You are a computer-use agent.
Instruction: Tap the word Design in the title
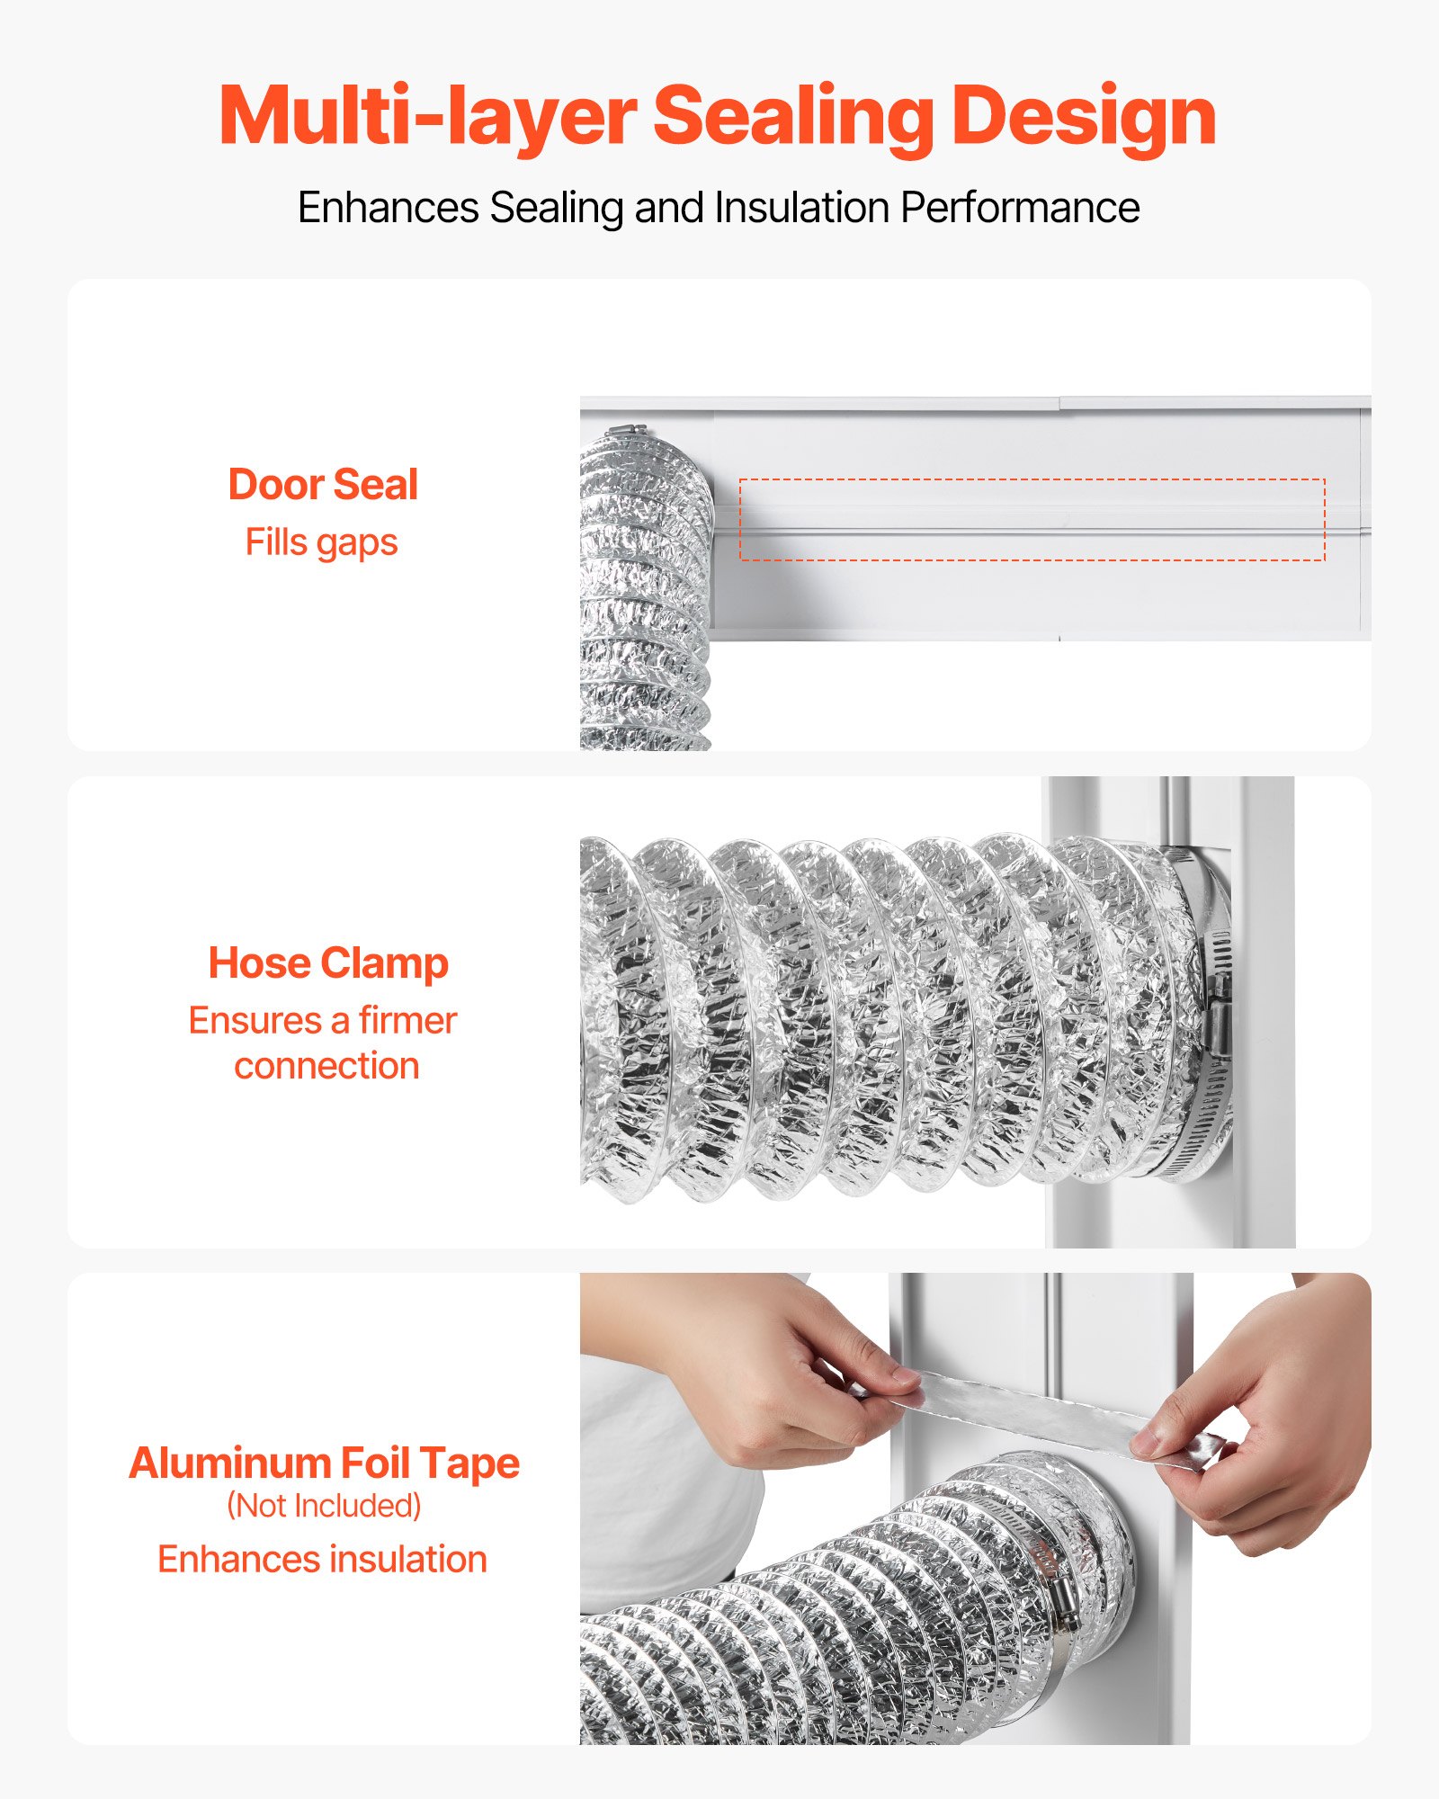1083,117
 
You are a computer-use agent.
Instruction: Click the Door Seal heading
323,485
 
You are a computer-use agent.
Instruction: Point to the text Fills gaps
321,542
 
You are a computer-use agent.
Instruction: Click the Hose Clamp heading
328,963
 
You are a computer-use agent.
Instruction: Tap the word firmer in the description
407,1021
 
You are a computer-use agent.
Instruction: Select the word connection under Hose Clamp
326,1066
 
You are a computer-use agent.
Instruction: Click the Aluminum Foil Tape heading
324,1463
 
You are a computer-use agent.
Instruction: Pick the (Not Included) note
324,1506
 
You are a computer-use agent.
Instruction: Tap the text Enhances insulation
322,1560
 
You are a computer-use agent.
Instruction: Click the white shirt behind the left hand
666,1511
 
